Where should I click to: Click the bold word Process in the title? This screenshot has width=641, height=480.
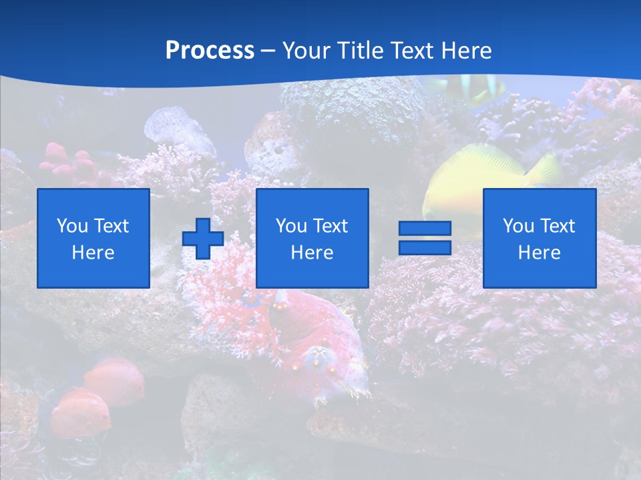point(210,51)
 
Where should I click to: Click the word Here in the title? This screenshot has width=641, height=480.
point(467,51)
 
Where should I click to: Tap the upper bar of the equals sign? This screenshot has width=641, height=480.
point(425,229)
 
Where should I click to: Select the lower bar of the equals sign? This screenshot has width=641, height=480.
point(425,247)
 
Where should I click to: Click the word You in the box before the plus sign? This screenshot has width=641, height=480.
point(71,226)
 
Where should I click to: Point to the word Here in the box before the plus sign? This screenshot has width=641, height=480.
point(93,253)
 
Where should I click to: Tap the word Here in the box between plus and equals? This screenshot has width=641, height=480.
point(312,253)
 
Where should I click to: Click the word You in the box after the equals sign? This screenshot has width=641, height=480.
point(517,226)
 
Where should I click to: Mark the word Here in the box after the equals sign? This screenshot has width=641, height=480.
point(539,253)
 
